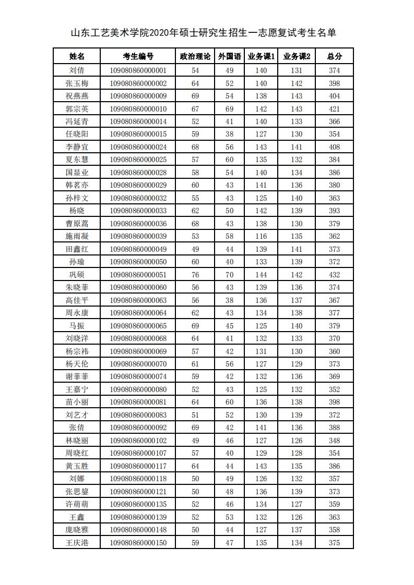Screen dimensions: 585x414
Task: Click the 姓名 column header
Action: (x=77, y=56)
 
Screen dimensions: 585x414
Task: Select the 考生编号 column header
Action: (x=138, y=56)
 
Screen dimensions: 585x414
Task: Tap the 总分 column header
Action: (x=334, y=56)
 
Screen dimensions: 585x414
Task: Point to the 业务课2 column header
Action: (x=297, y=56)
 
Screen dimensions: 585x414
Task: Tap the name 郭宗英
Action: (x=77, y=109)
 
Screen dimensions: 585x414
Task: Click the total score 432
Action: (x=334, y=275)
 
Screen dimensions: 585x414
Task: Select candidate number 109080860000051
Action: (x=138, y=275)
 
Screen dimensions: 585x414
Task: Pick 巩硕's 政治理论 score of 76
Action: (x=195, y=275)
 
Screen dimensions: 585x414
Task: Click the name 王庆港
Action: (x=77, y=543)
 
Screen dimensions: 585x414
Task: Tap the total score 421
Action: (x=334, y=109)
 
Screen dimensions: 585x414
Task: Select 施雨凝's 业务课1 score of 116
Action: (x=261, y=237)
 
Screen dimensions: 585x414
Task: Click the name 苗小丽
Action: (x=77, y=403)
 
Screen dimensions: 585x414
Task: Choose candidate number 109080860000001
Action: (x=138, y=70)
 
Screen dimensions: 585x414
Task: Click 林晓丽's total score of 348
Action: (x=334, y=441)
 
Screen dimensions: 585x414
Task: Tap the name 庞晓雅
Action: (x=77, y=530)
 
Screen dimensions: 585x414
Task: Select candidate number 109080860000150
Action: (x=138, y=543)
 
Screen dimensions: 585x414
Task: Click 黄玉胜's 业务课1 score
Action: (x=261, y=466)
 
